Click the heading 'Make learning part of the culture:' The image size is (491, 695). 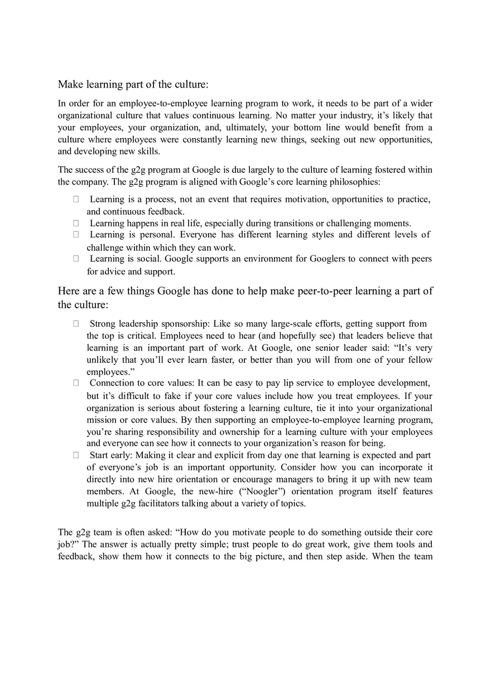click(133, 84)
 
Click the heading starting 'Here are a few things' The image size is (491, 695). click(245, 291)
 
